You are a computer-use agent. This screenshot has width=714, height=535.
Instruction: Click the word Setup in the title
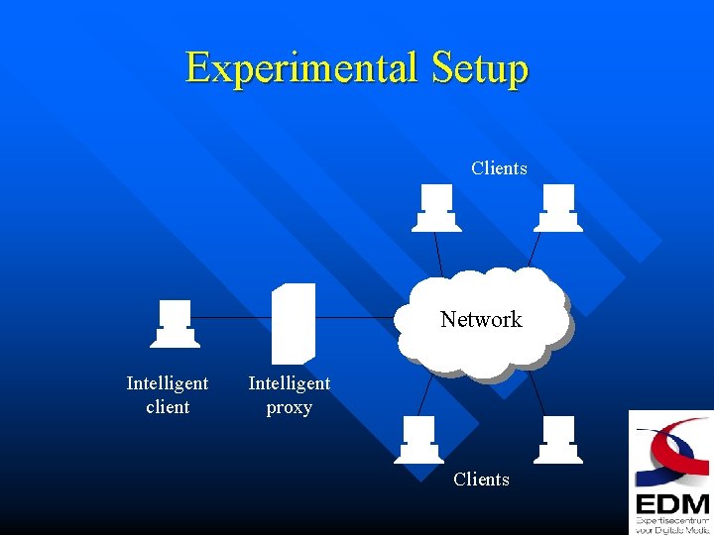click(480, 68)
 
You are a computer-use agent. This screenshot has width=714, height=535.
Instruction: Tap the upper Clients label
click(499, 168)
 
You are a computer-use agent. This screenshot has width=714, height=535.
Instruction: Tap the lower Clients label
click(481, 480)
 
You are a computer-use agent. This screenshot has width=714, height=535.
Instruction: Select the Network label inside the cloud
click(481, 319)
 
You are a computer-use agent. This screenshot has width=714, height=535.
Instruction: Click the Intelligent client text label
click(168, 394)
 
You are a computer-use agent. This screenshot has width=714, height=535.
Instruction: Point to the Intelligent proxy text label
click(290, 394)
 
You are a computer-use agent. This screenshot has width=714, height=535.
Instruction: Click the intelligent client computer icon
click(176, 324)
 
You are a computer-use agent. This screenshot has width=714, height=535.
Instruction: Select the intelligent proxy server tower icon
click(295, 323)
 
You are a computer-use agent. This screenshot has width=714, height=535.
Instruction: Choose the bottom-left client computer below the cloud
click(418, 440)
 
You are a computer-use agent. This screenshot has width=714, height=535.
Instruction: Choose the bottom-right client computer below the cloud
click(557, 440)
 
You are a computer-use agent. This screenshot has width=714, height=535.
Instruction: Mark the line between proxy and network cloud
click(357, 317)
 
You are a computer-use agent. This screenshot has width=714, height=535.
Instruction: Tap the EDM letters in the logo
click(671, 502)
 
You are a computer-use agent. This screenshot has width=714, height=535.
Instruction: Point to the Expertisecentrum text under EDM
click(672, 519)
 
